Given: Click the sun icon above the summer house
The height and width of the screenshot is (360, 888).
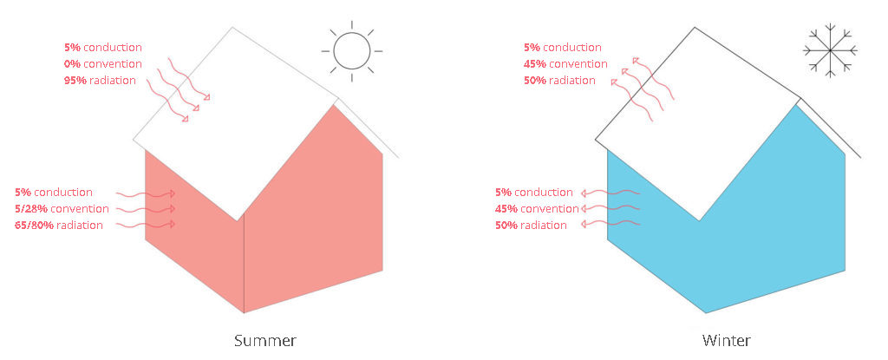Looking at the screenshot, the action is click(352, 51).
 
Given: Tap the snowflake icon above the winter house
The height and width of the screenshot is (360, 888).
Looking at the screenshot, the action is click(830, 50).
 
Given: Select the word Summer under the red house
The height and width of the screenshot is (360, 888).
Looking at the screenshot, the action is click(265, 341).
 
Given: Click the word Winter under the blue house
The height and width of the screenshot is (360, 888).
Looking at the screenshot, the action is click(727, 341).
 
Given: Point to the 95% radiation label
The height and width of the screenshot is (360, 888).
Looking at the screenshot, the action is click(101, 81).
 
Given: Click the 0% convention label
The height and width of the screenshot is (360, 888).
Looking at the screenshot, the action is click(103, 64).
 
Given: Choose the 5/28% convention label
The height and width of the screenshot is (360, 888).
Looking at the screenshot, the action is click(62, 209).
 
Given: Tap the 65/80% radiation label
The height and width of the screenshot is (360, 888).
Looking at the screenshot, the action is click(59, 225).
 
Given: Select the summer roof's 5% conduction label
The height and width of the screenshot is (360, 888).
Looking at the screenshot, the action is click(103, 48).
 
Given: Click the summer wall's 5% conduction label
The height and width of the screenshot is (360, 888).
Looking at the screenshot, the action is click(54, 193).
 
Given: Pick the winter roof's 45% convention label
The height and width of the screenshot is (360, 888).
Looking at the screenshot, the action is click(565, 64).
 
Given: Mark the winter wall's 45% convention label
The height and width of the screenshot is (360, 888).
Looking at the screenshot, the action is click(537, 209).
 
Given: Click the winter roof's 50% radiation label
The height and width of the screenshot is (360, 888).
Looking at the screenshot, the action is click(559, 81).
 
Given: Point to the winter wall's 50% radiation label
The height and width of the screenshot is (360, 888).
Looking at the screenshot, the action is click(532, 225).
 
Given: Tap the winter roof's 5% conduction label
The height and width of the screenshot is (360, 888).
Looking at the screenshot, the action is click(563, 48).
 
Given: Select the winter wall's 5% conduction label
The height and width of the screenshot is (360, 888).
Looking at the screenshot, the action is click(534, 193).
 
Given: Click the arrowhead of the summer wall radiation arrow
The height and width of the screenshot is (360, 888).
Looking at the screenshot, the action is click(172, 225).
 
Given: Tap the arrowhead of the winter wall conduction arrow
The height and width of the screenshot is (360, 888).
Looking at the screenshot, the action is click(584, 193).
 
